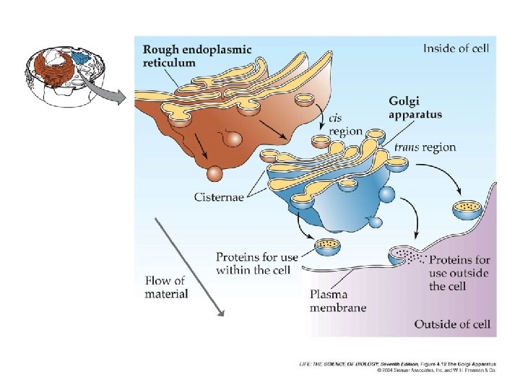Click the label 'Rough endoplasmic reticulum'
[x=197, y=56]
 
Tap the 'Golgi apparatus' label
[x=415, y=108]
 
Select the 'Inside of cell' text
[x=456, y=48]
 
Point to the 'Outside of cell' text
[x=452, y=324]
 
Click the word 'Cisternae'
[x=219, y=197]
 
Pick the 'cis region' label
[x=345, y=125]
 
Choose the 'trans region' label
[x=425, y=147]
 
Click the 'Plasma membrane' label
[x=338, y=300]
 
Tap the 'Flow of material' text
[x=167, y=287]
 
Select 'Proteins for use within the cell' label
[x=257, y=264]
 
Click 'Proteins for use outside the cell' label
[x=459, y=272]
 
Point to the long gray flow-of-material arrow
[x=190, y=267]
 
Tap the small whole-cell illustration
[x=65, y=77]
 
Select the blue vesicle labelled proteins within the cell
[x=327, y=247]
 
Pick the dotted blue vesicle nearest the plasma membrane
[x=468, y=209]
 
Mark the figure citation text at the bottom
[x=398, y=367]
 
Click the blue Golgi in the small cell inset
[x=81, y=58]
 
